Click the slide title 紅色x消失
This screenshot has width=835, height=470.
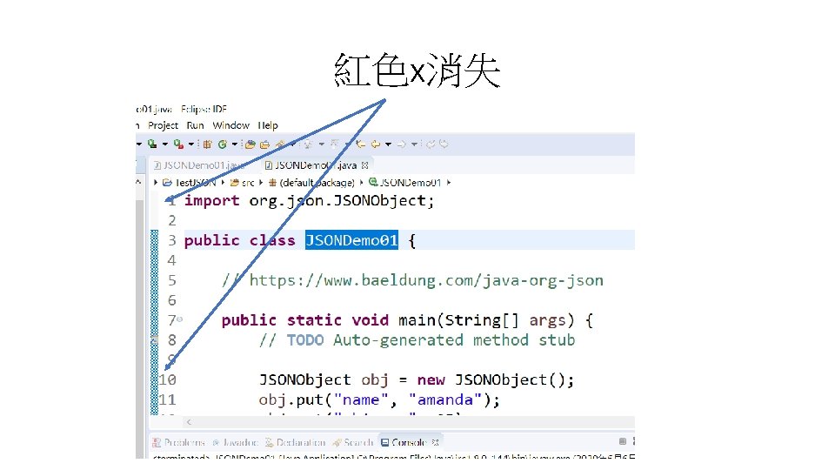[417, 70]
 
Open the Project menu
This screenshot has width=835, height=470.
[163, 125]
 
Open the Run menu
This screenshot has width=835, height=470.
[195, 125]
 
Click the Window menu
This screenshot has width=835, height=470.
[230, 125]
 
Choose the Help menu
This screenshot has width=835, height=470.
[268, 125]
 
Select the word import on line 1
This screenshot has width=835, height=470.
[211, 200]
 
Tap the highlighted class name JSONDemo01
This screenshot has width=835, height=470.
[351, 240]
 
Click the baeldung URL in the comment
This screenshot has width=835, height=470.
[426, 280]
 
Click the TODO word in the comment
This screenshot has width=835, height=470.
[304, 340]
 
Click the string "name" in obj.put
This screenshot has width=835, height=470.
[362, 400]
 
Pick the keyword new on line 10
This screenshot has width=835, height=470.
[431, 380]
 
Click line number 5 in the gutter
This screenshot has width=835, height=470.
[171, 280]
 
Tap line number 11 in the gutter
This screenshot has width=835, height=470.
[167, 400]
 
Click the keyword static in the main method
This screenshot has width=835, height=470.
[314, 320]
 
